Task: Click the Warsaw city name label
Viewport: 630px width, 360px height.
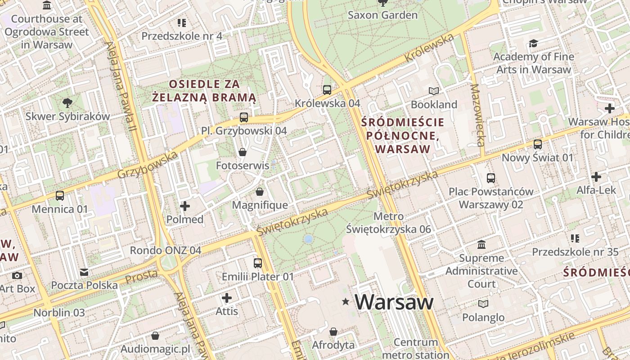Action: tap(394, 302)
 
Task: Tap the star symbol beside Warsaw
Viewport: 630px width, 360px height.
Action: tap(346, 301)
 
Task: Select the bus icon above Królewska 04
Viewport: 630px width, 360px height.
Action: tap(327, 90)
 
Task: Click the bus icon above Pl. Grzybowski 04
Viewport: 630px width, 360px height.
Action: tap(243, 117)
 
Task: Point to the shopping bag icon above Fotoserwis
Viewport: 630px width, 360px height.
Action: tap(243, 152)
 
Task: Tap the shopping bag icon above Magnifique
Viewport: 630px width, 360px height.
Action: tap(260, 192)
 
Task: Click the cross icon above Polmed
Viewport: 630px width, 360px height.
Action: tap(185, 206)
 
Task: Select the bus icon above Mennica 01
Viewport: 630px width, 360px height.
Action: tap(60, 196)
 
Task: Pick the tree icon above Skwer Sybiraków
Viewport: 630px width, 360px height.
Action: tap(67, 103)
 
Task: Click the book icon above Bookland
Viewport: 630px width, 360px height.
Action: tap(433, 91)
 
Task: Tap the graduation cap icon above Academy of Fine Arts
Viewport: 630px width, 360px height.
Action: tap(533, 43)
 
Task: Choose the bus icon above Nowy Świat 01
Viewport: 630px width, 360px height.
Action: tap(537, 144)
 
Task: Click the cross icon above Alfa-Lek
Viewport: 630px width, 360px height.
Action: tap(596, 177)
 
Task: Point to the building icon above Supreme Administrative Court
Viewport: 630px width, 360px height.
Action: tap(481, 245)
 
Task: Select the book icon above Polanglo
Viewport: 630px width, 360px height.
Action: tap(483, 304)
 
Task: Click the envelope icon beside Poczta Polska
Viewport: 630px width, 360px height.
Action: tap(84, 272)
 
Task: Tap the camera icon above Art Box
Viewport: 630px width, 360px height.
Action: tap(17, 275)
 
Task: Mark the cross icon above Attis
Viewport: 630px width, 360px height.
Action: tap(227, 297)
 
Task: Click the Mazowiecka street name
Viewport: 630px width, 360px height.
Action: tap(477, 115)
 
